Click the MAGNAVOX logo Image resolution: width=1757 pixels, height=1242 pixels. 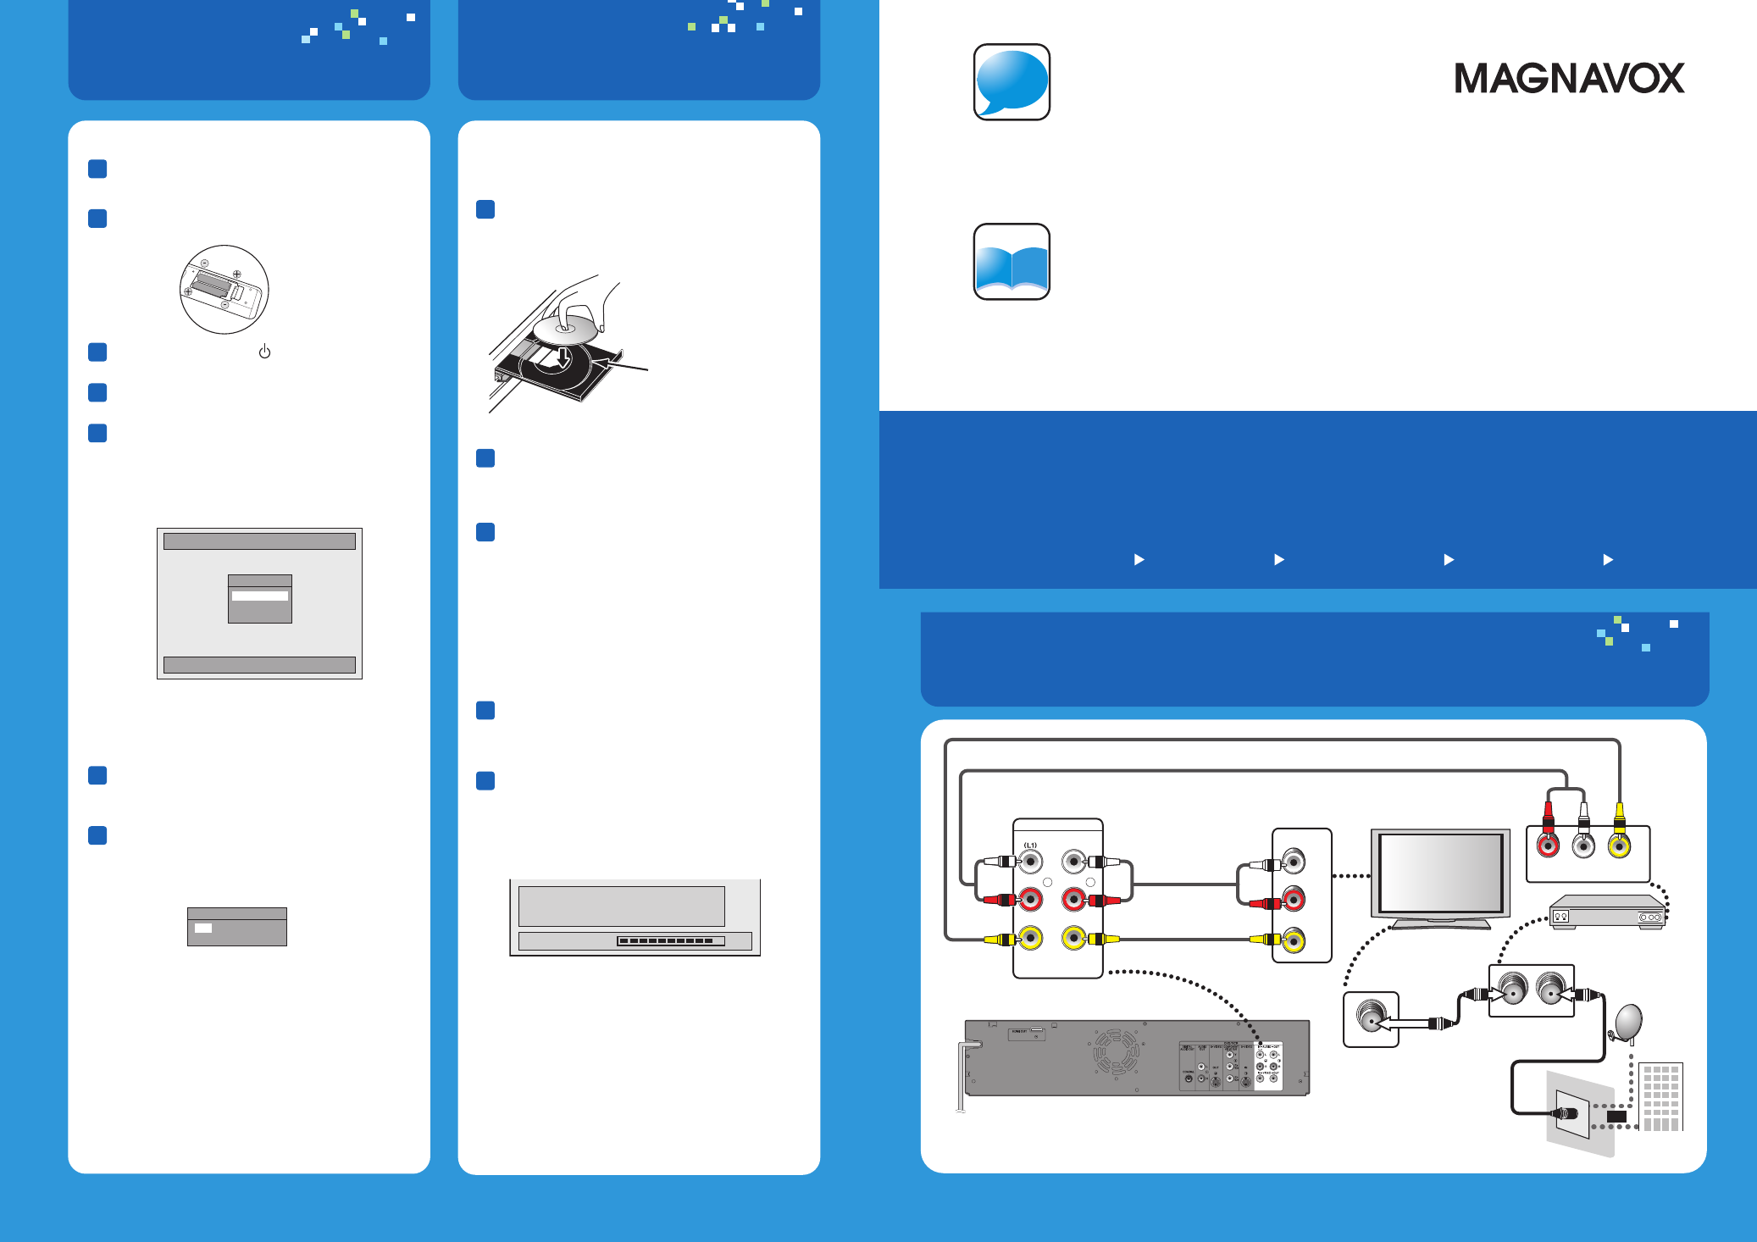[x=1569, y=79]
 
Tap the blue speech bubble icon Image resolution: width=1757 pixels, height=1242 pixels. [x=1012, y=82]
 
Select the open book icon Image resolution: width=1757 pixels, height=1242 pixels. [x=1012, y=262]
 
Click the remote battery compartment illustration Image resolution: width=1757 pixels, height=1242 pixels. [x=224, y=290]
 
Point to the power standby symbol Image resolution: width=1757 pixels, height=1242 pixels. [x=264, y=352]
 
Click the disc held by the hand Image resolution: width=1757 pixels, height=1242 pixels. [x=565, y=330]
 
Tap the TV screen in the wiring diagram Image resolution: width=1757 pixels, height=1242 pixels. [x=1440, y=873]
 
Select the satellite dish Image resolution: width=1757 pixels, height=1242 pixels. [x=1628, y=1023]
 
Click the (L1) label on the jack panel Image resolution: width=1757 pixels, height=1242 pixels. [x=1030, y=846]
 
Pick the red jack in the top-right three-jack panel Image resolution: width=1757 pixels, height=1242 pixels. [x=1548, y=846]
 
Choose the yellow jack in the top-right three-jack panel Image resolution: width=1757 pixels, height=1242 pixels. [x=1619, y=846]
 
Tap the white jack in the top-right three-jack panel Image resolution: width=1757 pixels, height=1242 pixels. [x=1583, y=846]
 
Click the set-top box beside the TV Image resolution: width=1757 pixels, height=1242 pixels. [x=1606, y=913]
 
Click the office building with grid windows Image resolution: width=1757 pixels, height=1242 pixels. [x=1660, y=1097]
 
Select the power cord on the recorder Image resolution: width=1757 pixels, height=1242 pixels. [x=962, y=1076]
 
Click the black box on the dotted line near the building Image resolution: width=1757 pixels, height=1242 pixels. [x=1616, y=1117]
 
